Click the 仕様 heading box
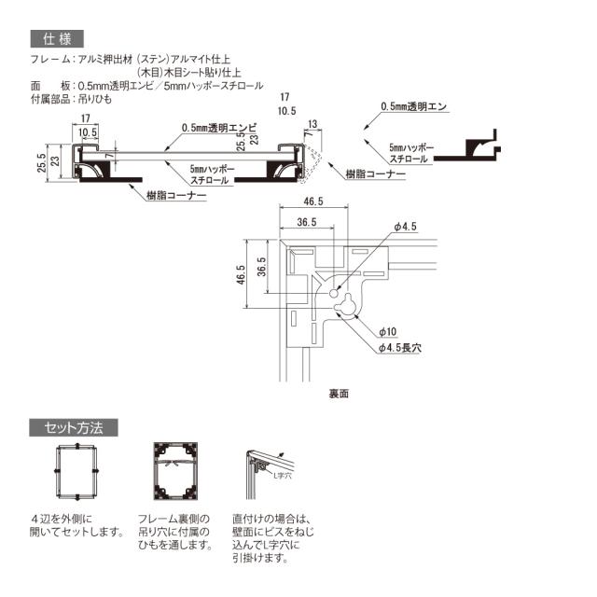[57, 39]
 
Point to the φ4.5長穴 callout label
[400, 347]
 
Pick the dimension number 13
[312, 123]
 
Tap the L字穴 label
[283, 475]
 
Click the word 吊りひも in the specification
[93, 99]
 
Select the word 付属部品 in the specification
[49, 99]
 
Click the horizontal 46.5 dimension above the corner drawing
[313, 202]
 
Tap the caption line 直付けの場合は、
[275, 519]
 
